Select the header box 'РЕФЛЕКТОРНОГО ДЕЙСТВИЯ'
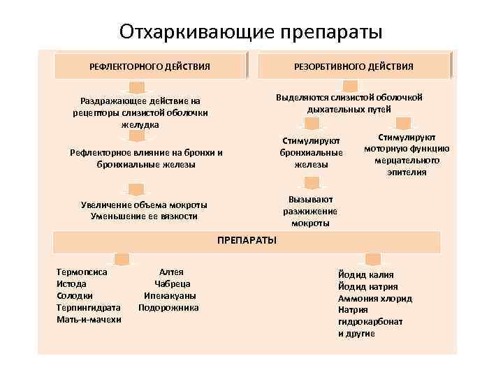click(150, 66)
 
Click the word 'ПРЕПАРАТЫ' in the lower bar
click(247, 240)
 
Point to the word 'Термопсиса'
click(82, 272)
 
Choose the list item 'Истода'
click(71, 283)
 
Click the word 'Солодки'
click(74, 295)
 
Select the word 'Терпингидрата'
click(89, 307)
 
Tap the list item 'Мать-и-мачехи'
click(89, 319)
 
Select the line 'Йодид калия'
click(365, 274)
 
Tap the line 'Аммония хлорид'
click(374, 298)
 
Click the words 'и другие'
click(356, 334)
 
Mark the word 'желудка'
click(140, 124)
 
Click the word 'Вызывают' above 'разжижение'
click(310, 199)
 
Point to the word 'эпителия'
click(407, 172)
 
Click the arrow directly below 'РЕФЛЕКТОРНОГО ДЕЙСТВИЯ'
click(138, 87)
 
